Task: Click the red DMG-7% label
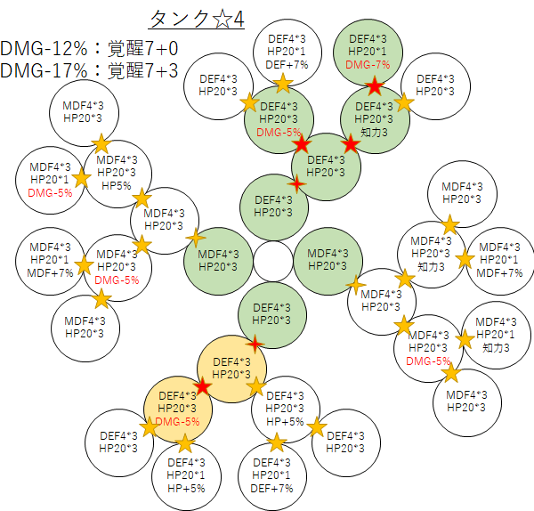368,64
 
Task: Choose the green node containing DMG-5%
279,118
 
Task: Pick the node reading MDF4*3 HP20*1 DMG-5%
50,179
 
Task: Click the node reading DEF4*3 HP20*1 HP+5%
185,474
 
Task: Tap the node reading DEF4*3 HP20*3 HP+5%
285,409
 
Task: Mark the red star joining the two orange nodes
203,387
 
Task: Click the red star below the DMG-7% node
375,86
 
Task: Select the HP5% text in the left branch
116,185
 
